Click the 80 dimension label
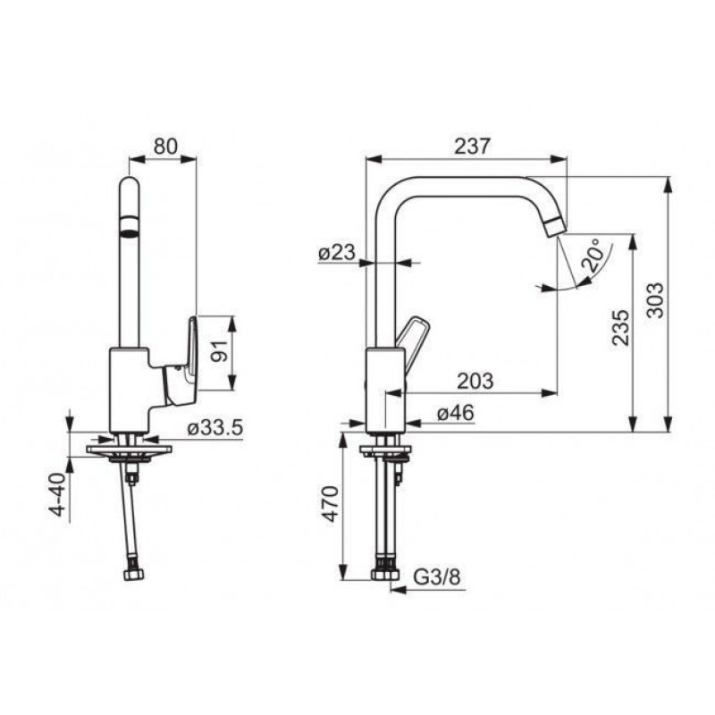coord(165,147)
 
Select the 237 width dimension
coord(473,146)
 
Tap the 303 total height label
coord(656,300)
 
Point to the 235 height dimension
coord(620,327)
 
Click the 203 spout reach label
coord(475,381)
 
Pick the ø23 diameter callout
coord(337,252)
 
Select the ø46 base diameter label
coord(456,413)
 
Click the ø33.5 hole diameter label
coord(215,428)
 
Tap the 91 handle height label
coord(221,350)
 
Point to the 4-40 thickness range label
coord(59,495)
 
